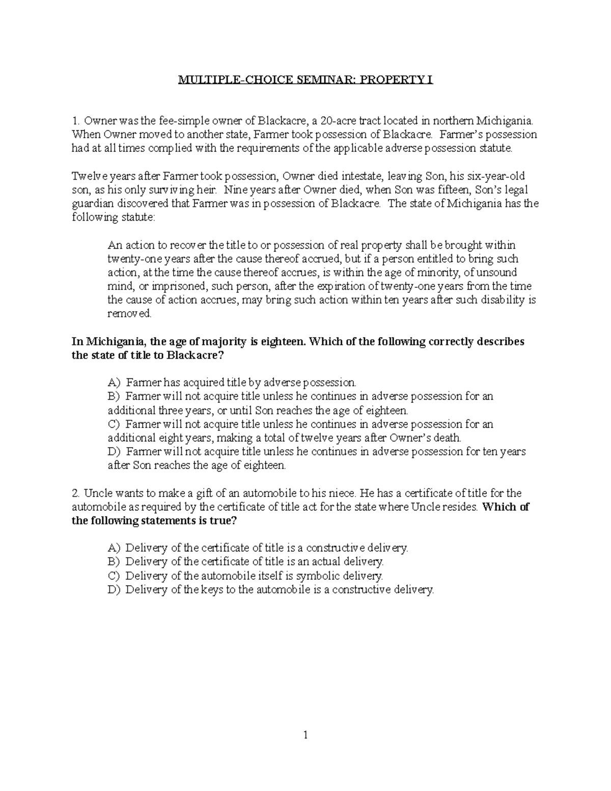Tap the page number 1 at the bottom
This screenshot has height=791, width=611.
tap(305, 734)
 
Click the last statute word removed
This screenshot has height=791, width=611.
tap(129, 314)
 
